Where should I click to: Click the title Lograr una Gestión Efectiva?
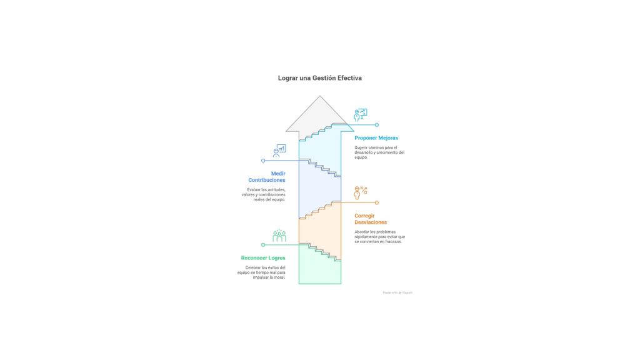tap(319, 78)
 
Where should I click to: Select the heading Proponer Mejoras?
tap(376, 137)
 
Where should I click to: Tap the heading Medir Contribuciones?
tap(269, 176)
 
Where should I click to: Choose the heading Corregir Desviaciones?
tap(371, 219)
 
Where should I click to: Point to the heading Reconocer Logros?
tap(263, 257)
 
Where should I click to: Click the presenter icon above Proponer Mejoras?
tap(360, 115)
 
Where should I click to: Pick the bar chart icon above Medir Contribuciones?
tap(279, 151)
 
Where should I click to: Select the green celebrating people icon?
tap(279, 236)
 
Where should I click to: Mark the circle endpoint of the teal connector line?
tap(376, 125)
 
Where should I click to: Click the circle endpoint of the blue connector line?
tap(263, 161)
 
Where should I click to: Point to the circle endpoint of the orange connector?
tap(376, 202)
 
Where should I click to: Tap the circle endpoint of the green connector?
tap(263, 244)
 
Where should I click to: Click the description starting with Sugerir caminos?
tap(379, 152)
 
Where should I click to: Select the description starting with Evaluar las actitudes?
tap(263, 194)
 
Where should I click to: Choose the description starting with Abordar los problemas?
tap(379, 236)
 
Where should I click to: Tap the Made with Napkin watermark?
tap(397, 292)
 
